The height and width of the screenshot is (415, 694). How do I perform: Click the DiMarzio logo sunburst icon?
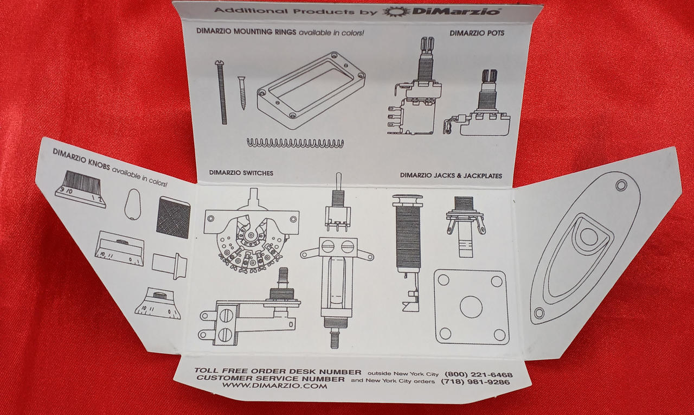[396, 11]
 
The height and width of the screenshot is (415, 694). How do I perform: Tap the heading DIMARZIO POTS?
[477, 33]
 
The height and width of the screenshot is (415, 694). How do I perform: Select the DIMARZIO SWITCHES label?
[241, 173]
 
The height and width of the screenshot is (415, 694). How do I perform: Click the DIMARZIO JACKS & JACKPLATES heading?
[451, 175]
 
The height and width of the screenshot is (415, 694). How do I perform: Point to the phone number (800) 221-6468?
[478, 374]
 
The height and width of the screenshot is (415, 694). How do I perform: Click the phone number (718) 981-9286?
[475, 382]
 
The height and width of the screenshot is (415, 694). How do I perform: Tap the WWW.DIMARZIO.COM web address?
[274, 386]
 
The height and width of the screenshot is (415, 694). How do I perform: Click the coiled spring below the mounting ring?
[295, 143]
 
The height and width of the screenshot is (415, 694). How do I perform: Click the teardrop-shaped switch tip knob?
[133, 205]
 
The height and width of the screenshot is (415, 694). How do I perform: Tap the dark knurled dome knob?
[173, 217]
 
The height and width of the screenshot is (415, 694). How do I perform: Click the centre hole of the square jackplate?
[471, 307]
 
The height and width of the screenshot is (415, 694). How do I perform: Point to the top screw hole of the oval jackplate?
[621, 186]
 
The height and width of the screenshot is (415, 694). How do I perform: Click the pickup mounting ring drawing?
[311, 90]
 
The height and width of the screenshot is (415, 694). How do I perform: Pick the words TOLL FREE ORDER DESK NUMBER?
[278, 371]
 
